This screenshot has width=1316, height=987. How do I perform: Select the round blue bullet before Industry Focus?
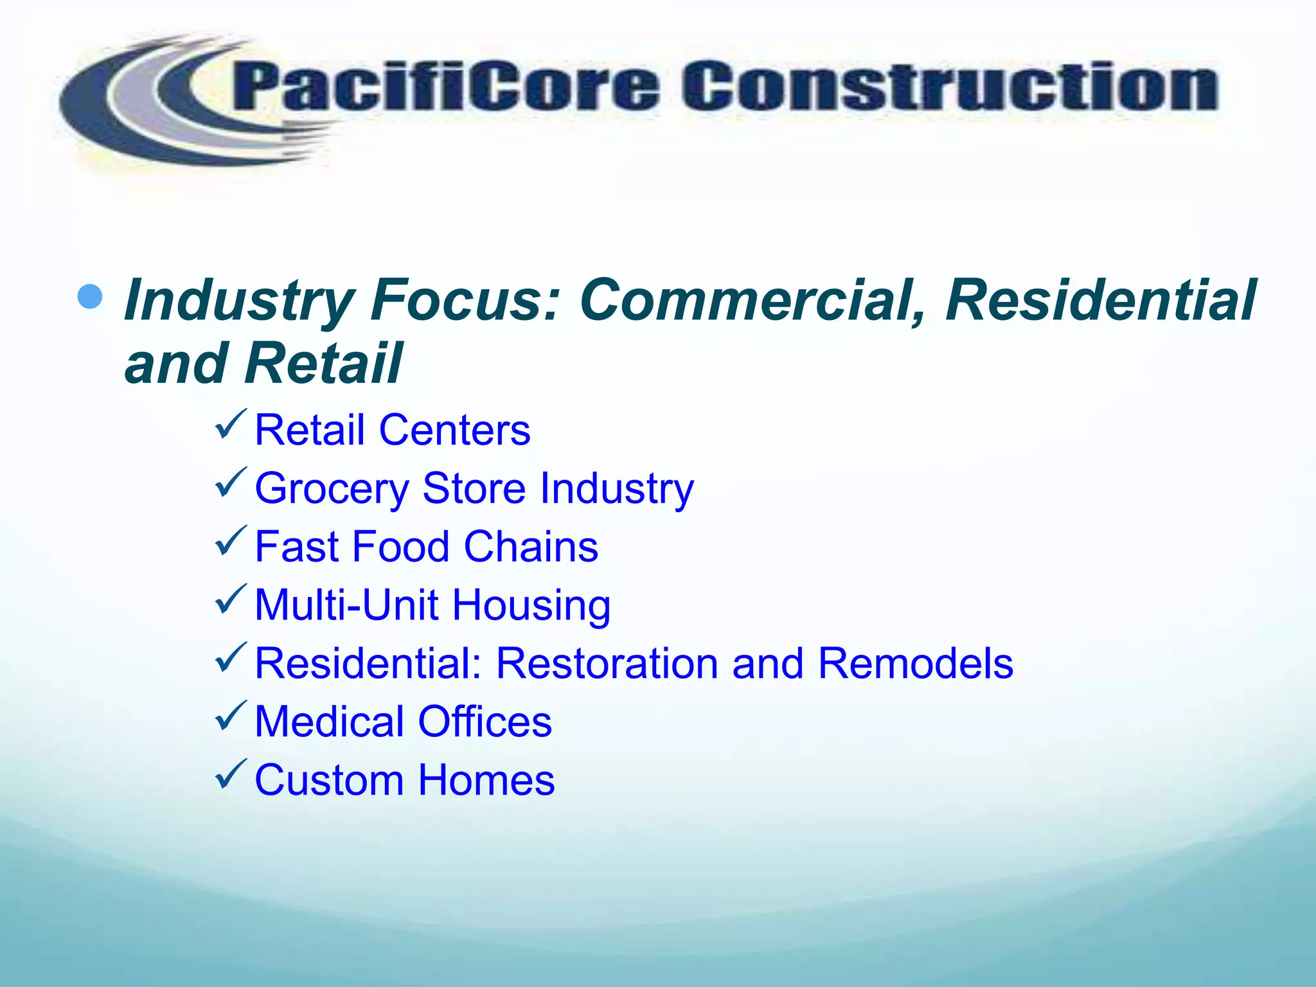pyautogui.click(x=89, y=296)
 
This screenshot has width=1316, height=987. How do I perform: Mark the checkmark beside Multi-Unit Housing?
pyautogui.click(x=231, y=599)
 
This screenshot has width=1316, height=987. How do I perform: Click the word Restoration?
pyautogui.click(x=607, y=663)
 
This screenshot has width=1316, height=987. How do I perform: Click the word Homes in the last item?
pyautogui.click(x=486, y=780)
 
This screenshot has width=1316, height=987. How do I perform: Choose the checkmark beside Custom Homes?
pyautogui.click(x=231, y=774)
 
